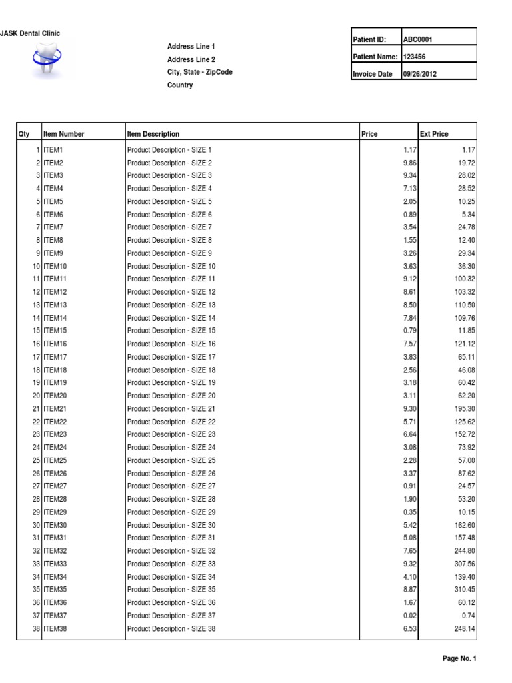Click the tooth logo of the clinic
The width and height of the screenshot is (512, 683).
45,58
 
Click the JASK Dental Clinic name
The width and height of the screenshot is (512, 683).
31,34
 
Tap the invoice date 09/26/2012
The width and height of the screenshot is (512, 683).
420,74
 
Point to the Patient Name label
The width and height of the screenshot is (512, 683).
375,57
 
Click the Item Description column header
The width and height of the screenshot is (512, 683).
153,134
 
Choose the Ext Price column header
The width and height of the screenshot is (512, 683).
434,134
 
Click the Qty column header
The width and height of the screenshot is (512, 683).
25,134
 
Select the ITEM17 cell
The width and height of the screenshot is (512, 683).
55,357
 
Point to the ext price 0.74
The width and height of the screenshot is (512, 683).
468,616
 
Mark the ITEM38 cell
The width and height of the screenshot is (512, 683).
55,629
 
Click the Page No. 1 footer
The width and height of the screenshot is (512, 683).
459,659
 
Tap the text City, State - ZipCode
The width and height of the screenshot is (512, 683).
199,72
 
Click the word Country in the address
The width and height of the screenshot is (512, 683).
180,85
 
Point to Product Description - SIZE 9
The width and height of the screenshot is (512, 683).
169,253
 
